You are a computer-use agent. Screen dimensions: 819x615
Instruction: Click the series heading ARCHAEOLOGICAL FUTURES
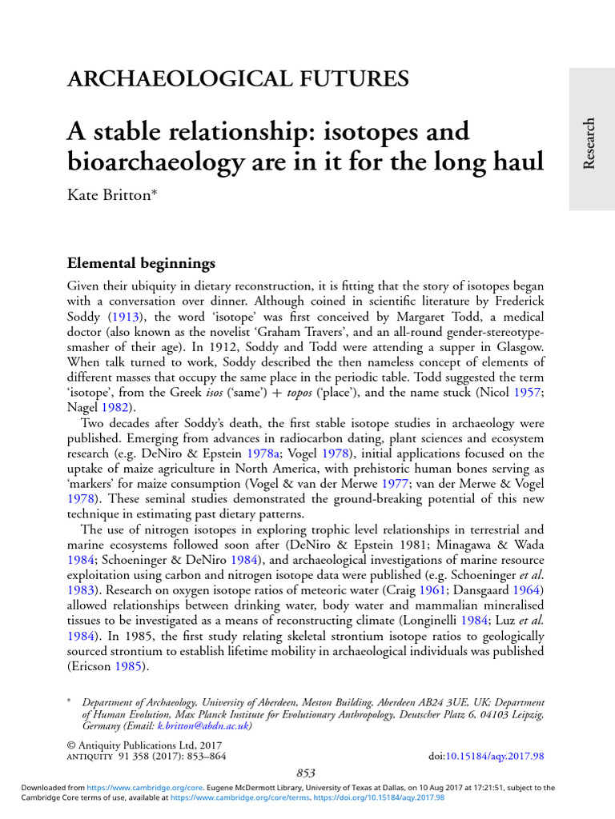(238, 79)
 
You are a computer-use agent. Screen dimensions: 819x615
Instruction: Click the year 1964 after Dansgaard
(529, 589)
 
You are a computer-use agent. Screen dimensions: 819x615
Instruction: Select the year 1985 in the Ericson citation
(130, 665)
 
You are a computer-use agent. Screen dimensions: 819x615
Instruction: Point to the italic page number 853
(306, 773)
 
